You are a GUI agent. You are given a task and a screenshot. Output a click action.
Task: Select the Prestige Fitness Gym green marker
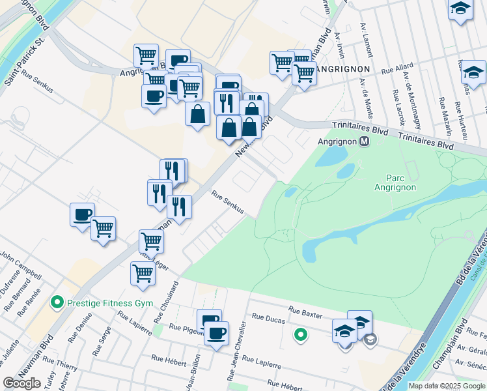[x=58, y=303]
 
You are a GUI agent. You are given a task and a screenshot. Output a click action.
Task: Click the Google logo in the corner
[x=22, y=383]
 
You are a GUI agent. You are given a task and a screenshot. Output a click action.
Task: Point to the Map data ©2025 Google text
[x=446, y=386]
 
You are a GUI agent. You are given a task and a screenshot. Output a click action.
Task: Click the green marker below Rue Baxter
[x=300, y=336]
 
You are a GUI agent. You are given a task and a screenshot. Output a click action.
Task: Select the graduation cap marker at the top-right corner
[x=460, y=9]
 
